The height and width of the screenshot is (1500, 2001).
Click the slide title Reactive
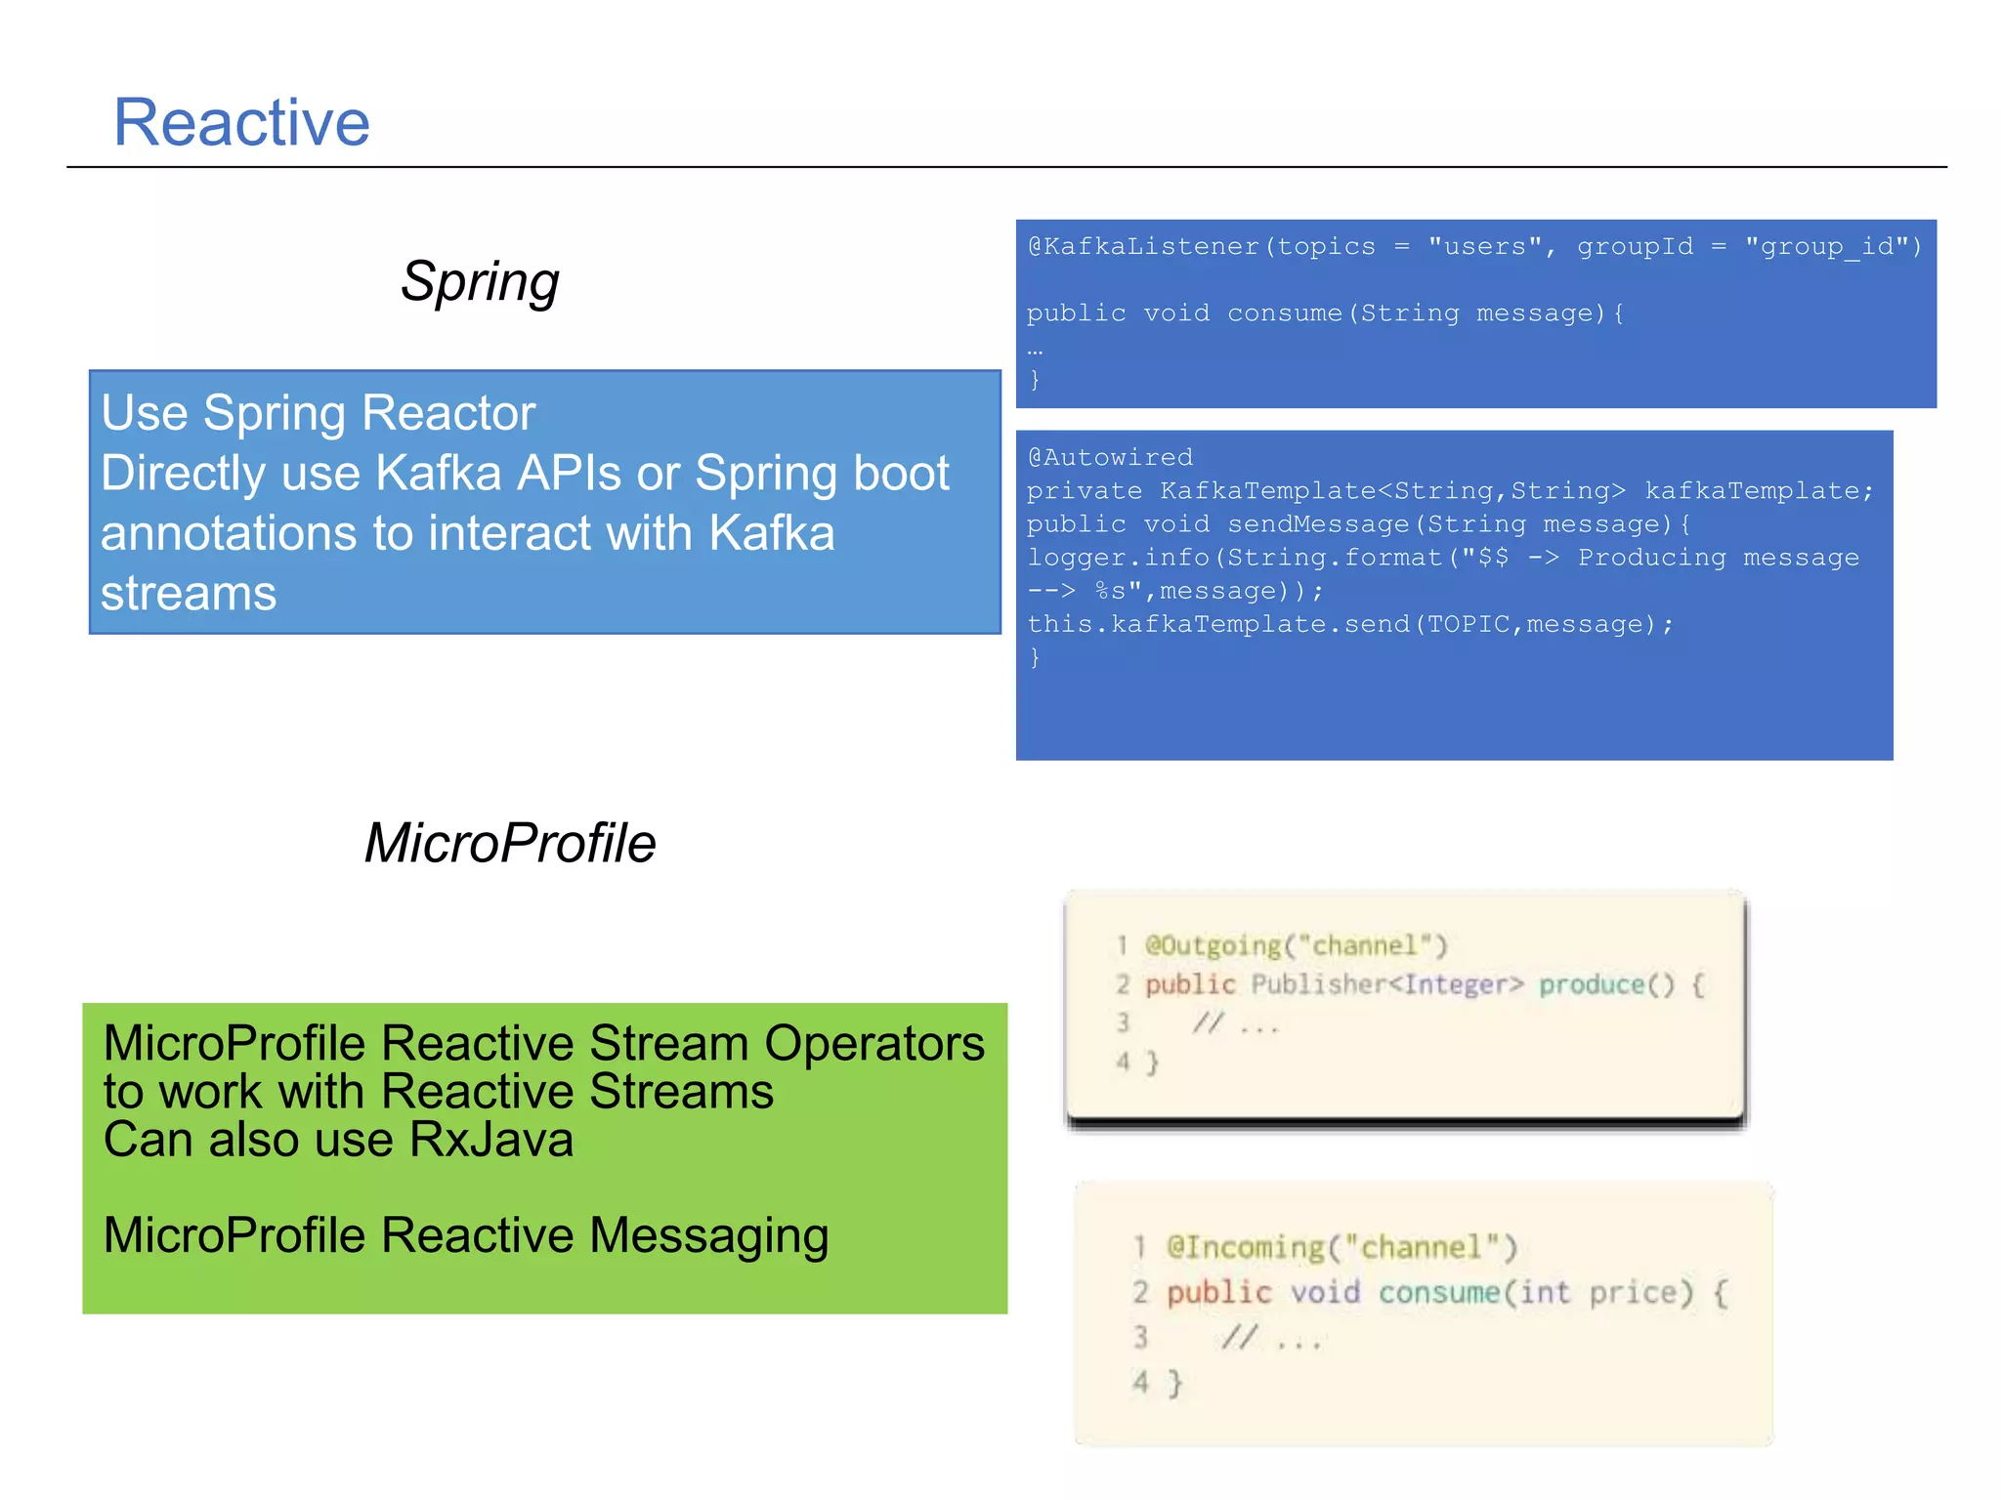coord(241,123)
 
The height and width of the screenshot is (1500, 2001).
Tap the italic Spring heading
coord(480,282)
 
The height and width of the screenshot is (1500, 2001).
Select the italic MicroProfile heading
coord(509,843)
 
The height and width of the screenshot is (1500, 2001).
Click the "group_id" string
coord(1834,246)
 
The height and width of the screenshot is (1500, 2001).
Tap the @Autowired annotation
coord(1110,457)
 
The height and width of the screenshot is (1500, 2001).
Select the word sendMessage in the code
coord(1318,524)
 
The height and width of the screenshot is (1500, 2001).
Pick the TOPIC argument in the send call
coord(1469,624)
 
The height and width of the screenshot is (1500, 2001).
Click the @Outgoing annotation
coord(1213,945)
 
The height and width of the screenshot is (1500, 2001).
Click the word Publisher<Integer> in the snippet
coord(1386,984)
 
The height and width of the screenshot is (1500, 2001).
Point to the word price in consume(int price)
coord(1639,1293)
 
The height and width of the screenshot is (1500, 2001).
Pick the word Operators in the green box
coord(874,1044)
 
